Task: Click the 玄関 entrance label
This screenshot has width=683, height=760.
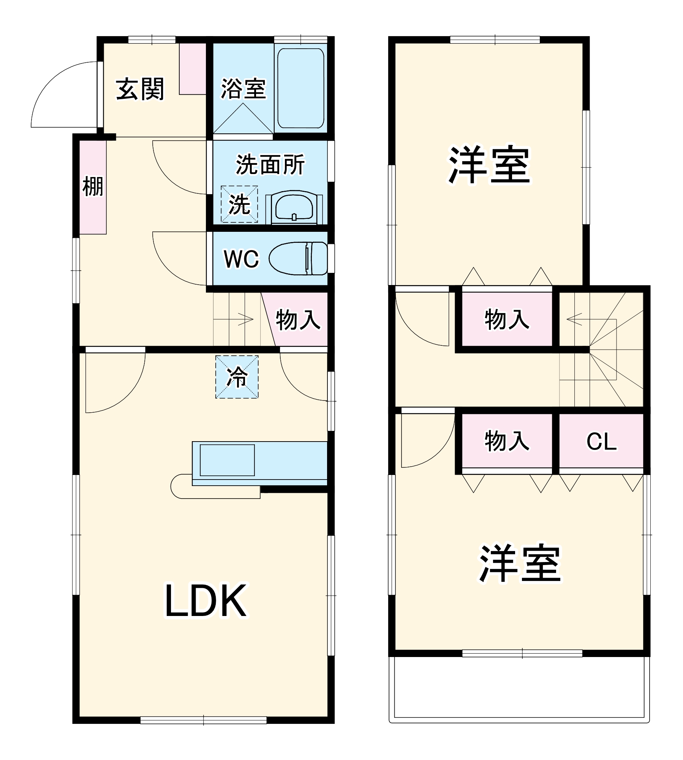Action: [140, 89]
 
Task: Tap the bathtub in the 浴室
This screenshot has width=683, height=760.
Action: [300, 88]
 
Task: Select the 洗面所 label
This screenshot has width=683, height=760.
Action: [270, 165]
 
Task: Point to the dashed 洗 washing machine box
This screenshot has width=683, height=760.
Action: [239, 204]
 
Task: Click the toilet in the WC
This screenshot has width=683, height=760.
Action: [298, 258]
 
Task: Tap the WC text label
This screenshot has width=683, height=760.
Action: [241, 259]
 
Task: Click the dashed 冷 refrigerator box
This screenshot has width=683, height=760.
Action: [237, 377]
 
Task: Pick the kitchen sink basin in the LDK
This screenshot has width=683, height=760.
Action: [227, 460]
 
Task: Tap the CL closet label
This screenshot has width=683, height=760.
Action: [601, 441]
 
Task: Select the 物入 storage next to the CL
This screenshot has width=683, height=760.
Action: [507, 441]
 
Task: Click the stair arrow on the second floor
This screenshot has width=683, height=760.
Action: [574, 319]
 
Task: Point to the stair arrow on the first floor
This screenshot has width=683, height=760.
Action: [245, 319]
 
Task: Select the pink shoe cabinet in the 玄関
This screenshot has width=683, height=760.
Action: [193, 68]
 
